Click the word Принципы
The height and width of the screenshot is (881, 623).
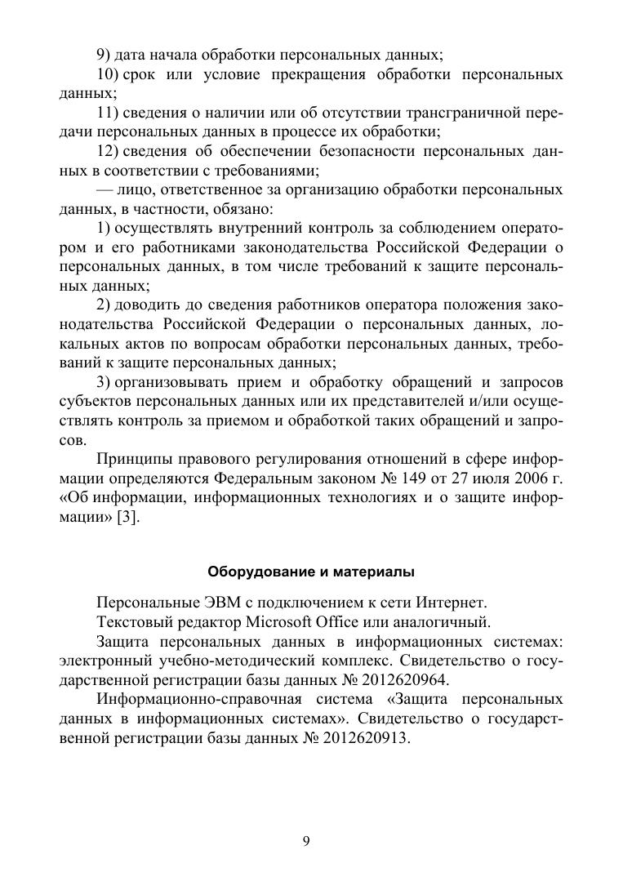pos(132,457)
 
